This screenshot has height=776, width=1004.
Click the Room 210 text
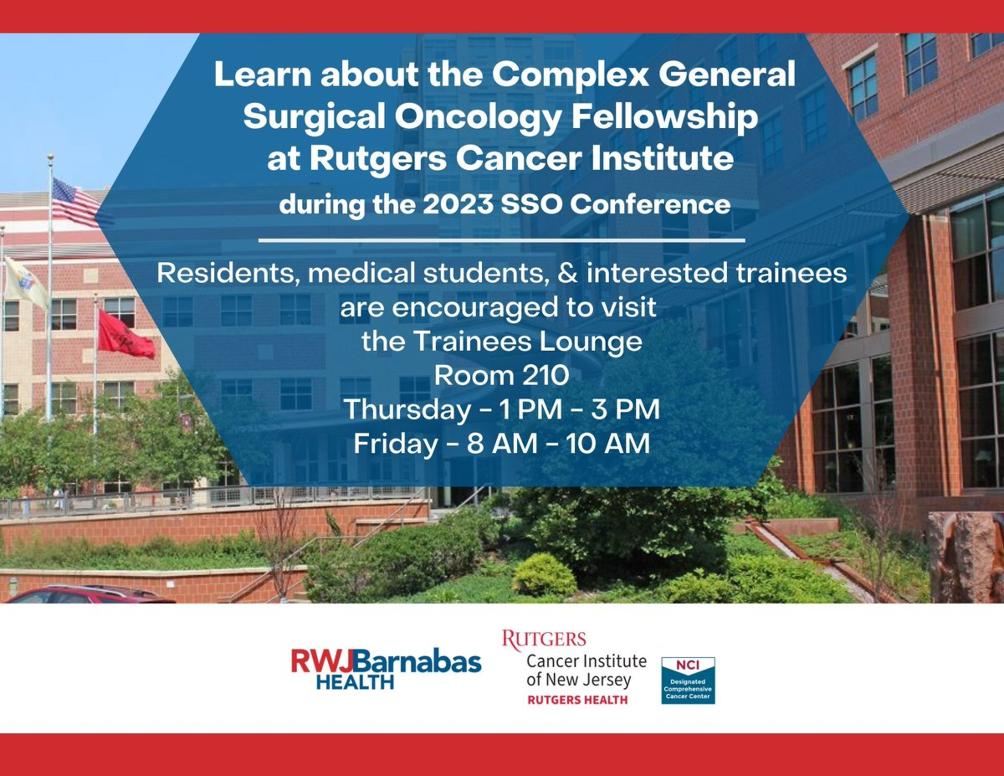click(502, 376)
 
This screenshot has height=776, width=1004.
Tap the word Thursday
click(407, 410)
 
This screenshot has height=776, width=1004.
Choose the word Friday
click(395, 444)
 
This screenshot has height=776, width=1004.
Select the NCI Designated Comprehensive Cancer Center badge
click(688, 680)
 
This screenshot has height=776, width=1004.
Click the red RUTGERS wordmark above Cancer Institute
click(544, 640)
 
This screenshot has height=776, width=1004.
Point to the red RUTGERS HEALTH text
click(578, 700)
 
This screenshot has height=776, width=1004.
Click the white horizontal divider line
click(502, 240)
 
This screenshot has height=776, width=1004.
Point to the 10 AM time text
click(608, 444)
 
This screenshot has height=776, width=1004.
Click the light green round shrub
click(544, 576)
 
